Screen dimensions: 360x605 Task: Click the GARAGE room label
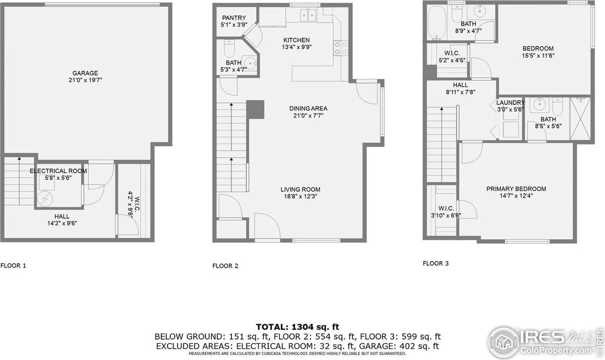tap(85, 73)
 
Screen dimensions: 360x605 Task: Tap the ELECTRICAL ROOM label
tap(58, 171)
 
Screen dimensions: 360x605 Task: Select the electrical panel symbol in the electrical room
tap(45, 198)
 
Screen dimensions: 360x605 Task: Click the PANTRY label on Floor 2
tap(234, 18)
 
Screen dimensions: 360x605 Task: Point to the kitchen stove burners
tap(340, 48)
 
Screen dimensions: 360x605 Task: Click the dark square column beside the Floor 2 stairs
tap(255, 109)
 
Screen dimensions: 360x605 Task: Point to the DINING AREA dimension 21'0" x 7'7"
tap(308, 116)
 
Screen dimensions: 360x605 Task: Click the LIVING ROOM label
tap(300, 189)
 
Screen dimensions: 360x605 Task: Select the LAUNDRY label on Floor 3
tap(510, 103)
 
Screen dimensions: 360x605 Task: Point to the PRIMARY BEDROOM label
tap(516, 189)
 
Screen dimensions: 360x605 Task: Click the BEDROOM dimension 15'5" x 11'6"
tap(538, 55)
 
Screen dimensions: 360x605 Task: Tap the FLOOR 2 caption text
tap(225, 266)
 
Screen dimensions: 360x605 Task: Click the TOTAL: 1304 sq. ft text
tap(297, 327)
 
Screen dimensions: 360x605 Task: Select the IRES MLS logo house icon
tap(504, 340)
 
